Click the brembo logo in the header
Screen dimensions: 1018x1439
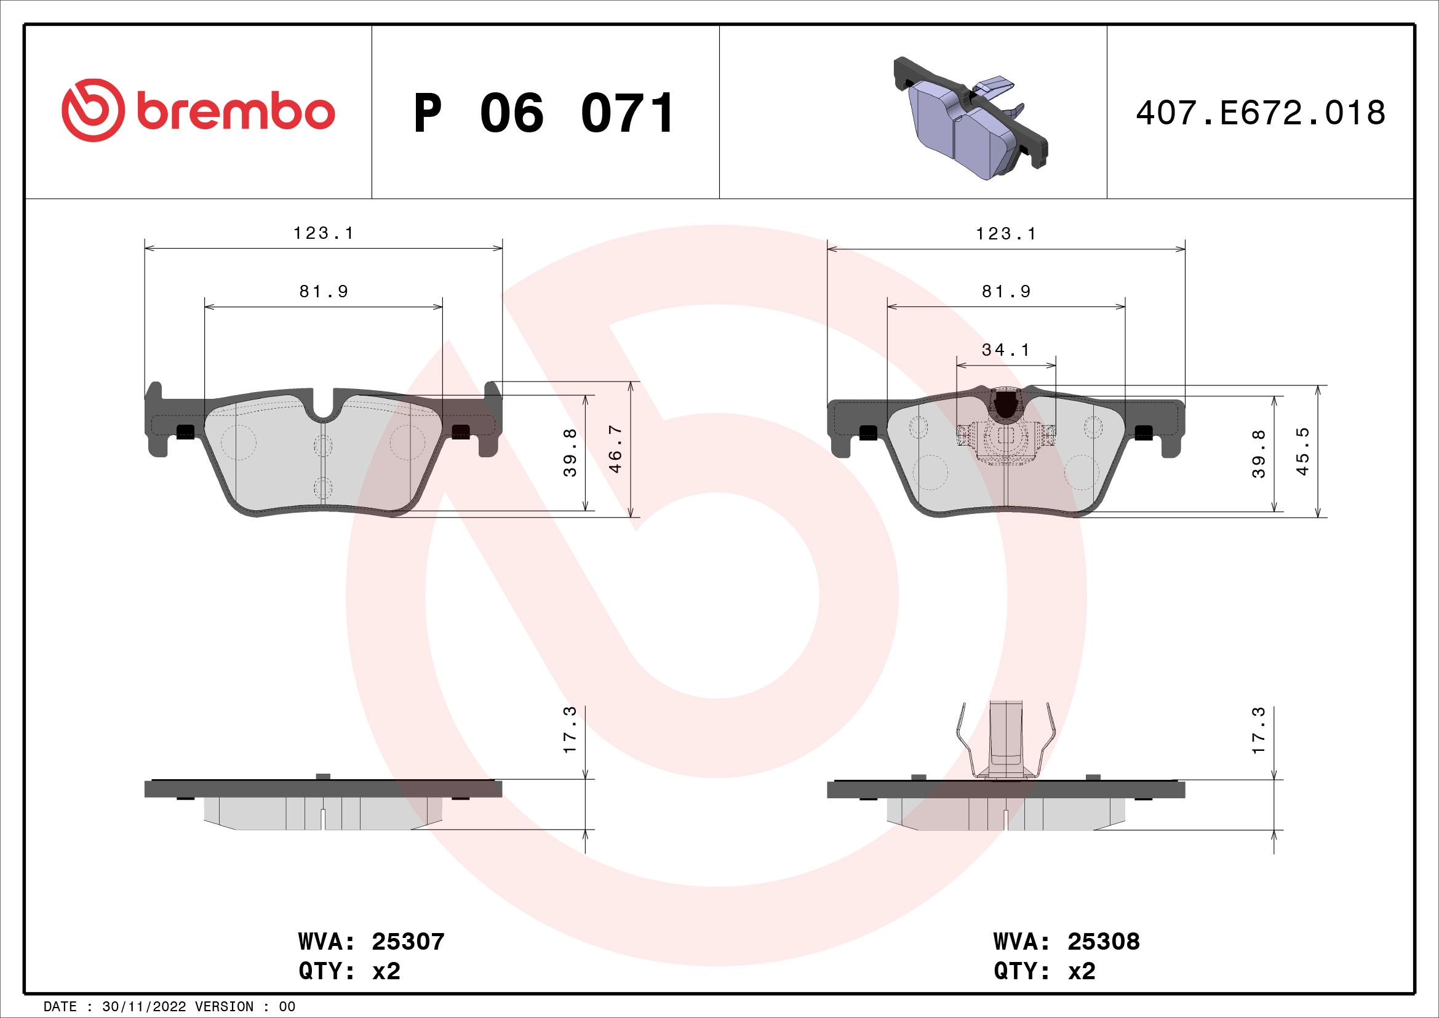tap(198, 111)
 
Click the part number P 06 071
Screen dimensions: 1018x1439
tap(544, 113)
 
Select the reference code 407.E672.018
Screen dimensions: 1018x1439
tap(1261, 113)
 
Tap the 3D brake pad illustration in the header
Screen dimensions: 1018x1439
tap(970, 119)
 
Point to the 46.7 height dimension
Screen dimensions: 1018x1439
tap(615, 449)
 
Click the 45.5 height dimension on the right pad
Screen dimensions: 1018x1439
tap(1302, 451)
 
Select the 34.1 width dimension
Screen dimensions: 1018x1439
tap(1005, 350)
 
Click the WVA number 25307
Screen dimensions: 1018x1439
tap(408, 942)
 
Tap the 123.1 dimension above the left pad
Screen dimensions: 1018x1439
tap(324, 233)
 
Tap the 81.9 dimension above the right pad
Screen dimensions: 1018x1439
tap(1006, 292)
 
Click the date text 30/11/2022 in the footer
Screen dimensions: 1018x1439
tap(143, 1007)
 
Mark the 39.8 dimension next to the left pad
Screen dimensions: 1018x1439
tap(570, 452)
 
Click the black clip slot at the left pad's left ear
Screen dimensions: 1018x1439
tap(186, 432)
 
